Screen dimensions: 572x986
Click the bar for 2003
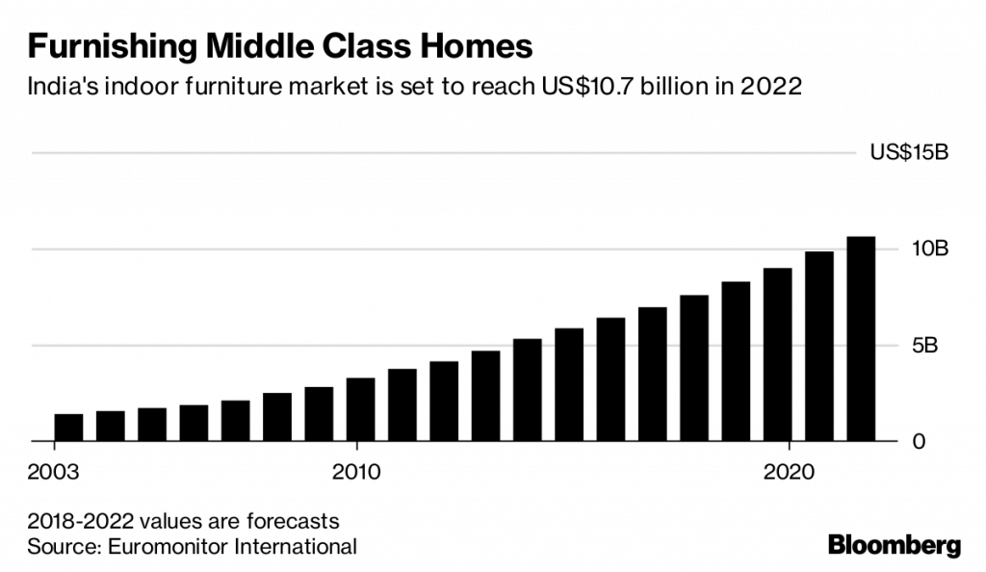(x=68, y=428)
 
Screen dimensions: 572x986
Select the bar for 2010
(x=360, y=409)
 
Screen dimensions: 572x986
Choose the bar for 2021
(x=818, y=347)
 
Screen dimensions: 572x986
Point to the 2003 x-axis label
(x=54, y=473)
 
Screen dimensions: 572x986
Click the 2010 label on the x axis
(x=357, y=473)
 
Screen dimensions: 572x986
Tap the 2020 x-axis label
(x=790, y=473)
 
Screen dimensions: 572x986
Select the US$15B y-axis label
(x=909, y=152)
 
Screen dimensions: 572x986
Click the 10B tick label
(x=930, y=248)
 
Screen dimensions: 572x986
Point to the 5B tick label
(x=935, y=345)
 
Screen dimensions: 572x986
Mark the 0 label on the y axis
(x=946, y=441)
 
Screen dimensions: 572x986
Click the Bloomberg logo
(x=895, y=545)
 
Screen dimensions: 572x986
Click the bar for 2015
(x=569, y=385)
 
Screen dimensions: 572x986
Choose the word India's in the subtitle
(x=59, y=87)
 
